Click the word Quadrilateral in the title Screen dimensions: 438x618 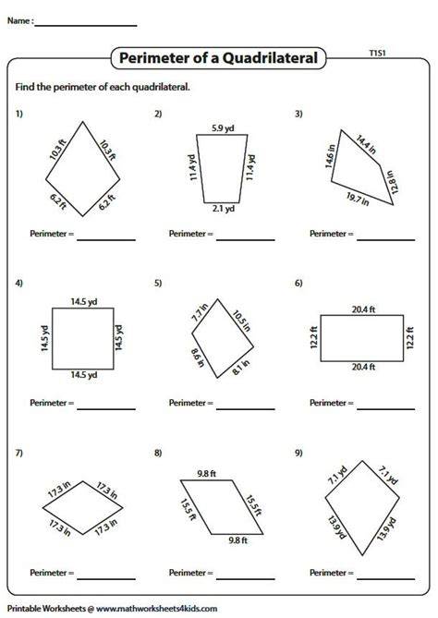click(x=270, y=58)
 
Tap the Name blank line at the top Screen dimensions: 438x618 click(x=86, y=26)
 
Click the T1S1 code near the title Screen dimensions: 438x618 click(x=377, y=53)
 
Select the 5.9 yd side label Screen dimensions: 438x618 click(x=223, y=128)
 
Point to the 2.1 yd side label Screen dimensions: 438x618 click(x=223, y=208)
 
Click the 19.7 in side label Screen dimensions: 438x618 click(x=358, y=199)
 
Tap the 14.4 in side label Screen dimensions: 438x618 click(x=366, y=144)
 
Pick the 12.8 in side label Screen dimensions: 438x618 click(x=393, y=182)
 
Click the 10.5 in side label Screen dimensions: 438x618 click(x=241, y=321)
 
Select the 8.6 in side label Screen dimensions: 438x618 click(x=198, y=357)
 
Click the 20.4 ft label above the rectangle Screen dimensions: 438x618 click(x=363, y=309)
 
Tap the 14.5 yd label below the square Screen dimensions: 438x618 click(x=83, y=374)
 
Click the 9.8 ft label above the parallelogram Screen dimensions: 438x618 click(x=206, y=474)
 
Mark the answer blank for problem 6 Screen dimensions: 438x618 click(x=385, y=409)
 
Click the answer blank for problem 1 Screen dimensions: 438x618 click(x=106, y=240)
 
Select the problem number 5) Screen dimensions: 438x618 click(x=158, y=283)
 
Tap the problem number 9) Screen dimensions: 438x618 click(x=298, y=453)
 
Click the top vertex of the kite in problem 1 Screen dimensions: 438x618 click(x=83, y=121)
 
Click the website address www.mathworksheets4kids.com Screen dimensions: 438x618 click(x=156, y=609)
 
